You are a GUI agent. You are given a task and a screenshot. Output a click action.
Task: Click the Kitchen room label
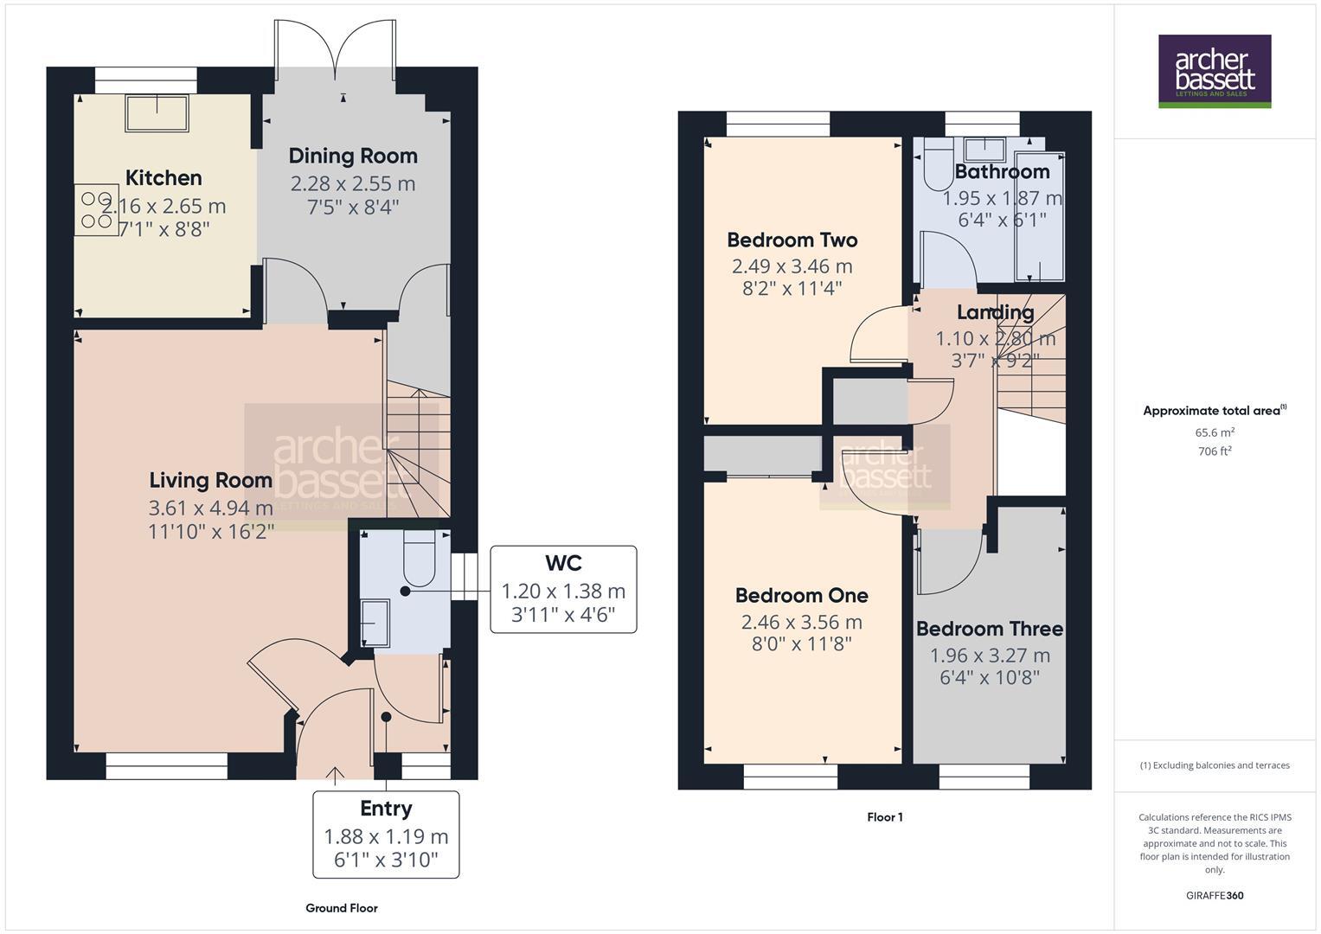pos(164,178)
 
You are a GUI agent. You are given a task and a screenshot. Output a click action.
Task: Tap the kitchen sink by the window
pos(157,113)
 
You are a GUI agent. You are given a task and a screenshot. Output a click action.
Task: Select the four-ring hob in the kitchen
pos(96,210)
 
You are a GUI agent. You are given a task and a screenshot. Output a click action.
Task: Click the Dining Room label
pos(353,157)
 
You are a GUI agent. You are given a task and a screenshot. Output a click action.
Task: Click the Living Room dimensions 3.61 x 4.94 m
pos(211,508)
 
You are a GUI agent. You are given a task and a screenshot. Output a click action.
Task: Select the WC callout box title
pos(563,564)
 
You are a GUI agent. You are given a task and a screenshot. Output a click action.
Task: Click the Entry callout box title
pos(386,809)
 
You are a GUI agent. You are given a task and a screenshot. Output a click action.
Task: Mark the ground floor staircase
pos(417,450)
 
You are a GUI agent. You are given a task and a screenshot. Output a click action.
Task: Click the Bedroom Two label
pos(792,240)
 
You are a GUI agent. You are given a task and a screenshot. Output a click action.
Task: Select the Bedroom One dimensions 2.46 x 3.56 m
pos(801,622)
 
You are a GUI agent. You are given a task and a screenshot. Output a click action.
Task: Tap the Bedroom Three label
pos(989,629)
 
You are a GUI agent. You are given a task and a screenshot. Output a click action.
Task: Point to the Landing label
pos(995,312)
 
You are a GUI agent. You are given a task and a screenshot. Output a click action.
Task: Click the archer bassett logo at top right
pos(1214,71)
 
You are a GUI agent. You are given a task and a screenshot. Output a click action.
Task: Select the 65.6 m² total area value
pos(1214,432)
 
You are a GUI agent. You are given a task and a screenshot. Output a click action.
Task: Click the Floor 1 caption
pos(884,817)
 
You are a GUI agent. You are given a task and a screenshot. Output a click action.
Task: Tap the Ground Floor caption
pos(341,908)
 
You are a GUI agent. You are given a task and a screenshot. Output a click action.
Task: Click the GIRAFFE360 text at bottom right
pos(1214,896)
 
